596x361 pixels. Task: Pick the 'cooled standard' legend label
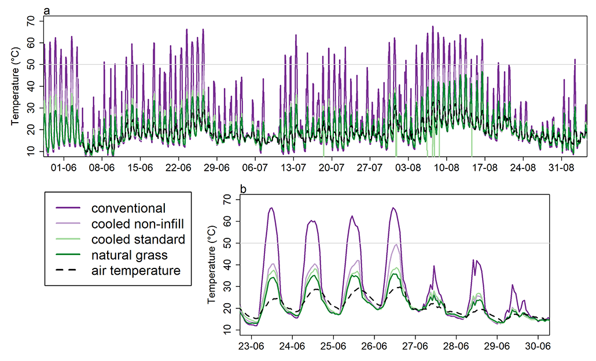tap(138, 239)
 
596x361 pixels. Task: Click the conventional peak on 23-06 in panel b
tap(271, 208)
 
